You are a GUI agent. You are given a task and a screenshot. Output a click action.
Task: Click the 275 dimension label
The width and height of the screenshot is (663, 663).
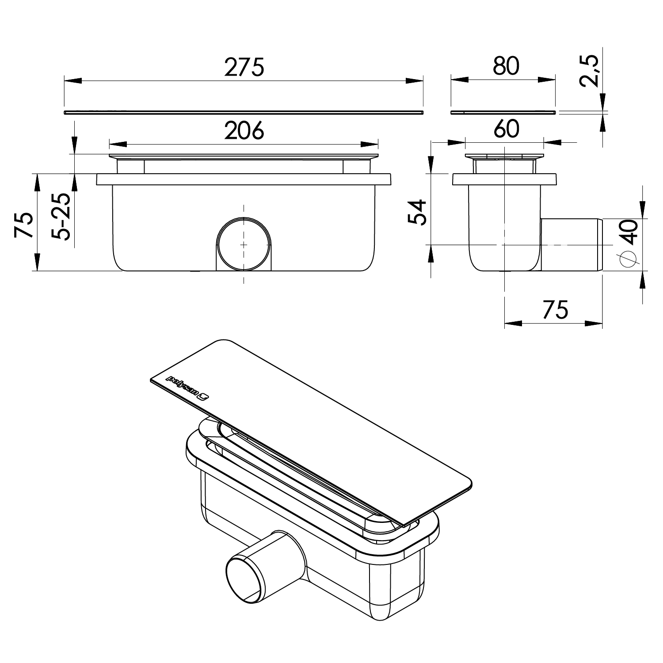[x=244, y=67]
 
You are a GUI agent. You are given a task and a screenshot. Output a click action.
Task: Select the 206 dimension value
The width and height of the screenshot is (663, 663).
[x=244, y=130]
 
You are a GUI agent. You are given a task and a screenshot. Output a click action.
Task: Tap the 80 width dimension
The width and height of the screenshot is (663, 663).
[x=506, y=66]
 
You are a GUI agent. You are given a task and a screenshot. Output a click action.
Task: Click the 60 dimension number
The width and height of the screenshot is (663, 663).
[x=506, y=129]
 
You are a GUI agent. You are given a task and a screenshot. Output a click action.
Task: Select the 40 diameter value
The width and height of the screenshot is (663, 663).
[x=629, y=231]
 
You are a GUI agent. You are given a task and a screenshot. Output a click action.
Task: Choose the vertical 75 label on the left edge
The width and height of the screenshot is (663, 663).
[x=24, y=225]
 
